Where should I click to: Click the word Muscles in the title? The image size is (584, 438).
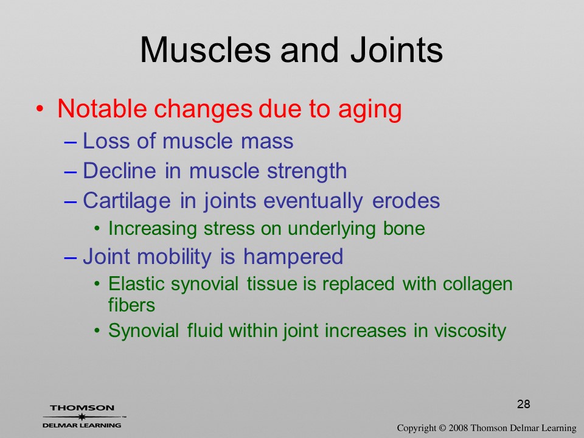pos(205,50)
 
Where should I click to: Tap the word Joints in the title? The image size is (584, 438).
pos(397,50)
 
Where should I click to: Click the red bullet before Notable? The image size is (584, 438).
pos(40,109)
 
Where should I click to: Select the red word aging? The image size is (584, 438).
pos(370,111)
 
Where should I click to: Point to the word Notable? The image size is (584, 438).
pos(102,108)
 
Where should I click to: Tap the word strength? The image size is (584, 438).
pos(307,172)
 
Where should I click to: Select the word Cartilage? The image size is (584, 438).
pos(127,202)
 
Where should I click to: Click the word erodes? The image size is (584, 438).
pos(406,201)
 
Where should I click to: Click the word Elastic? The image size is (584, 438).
pos(136,284)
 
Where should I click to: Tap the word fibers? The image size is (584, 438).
pos(131,305)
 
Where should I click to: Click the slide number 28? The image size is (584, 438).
pos(524,404)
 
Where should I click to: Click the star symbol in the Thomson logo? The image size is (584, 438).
pos(82,416)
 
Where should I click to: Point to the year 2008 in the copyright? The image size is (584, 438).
pos(458,428)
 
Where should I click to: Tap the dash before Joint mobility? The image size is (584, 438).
pos(71,257)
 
